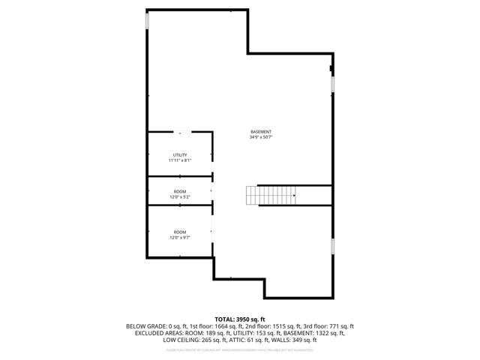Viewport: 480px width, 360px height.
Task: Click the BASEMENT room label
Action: pyautogui.click(x=261, y=132)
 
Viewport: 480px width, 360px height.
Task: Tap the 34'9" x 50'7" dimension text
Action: pyautogui.click(x=261, y=137)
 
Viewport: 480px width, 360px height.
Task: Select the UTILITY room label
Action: pyautogui.click(x=180, y=155)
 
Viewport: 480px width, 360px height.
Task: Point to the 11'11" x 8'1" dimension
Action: pyautogui.click(x=180, y=160)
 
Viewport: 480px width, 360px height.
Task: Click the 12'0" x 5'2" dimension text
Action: pyautogui.click(x=180, y=197)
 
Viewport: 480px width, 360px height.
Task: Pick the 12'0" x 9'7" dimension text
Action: pyautogui.click(x=180, y=238)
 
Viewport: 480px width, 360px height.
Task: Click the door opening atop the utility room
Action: pyautogui.click(x=180, y=132)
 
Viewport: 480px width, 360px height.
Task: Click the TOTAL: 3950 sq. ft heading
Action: pyautogui.click(x=240, y=319)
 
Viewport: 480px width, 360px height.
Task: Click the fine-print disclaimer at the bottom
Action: pyautogui.click(x=240, y=349)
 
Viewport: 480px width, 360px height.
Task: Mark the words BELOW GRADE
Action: pyautogui.click(x=143, y=326)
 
